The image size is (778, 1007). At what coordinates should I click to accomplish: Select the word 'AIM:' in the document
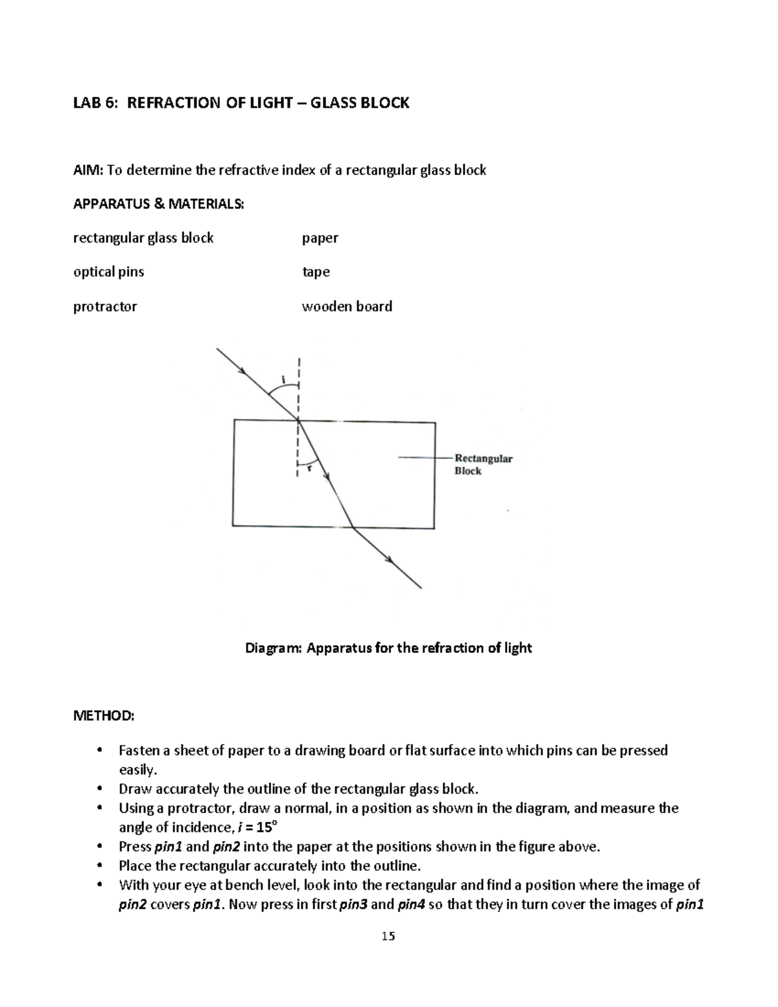[x=88, y=171]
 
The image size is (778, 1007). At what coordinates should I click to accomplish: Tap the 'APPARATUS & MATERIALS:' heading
[x=159, y=204]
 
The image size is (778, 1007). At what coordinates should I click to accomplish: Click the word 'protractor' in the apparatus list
[x=105, y=307]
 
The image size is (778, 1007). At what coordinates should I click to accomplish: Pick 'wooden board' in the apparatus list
[x=347, y=306]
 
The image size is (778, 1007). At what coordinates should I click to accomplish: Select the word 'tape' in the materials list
[x=316, y=272]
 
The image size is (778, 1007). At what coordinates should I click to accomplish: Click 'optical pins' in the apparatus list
[x=108, y=272]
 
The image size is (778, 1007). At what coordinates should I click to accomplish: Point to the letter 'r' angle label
[x=309, y=468]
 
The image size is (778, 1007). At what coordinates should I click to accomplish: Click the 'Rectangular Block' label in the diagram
[x=483, y=464]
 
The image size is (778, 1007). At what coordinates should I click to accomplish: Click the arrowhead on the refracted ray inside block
[x=327, y=477]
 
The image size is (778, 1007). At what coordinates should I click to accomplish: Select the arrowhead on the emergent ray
[x=390, y=560]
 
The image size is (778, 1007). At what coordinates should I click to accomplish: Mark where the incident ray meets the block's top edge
[x=298, y=420]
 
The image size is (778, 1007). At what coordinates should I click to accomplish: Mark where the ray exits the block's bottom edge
[x=352, y=527]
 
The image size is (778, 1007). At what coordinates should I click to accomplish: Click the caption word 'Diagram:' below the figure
[x=273, y=648]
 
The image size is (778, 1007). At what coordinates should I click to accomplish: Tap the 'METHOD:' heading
[x=104, y=716]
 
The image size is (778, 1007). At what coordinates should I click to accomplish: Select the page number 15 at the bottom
[x=388, y=936]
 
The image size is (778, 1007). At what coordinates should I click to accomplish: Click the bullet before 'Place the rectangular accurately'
[x=99, y=866]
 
